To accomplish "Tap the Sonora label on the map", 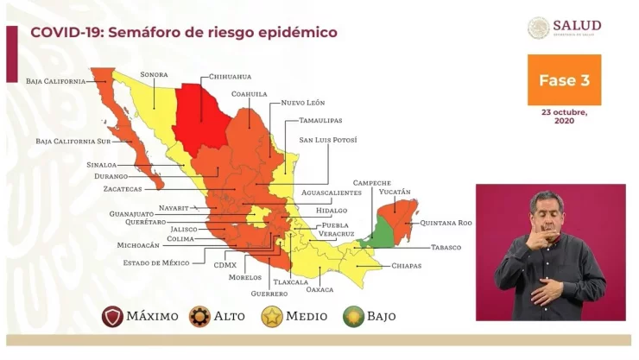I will coord(154,74).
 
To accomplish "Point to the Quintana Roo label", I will coord(446,223).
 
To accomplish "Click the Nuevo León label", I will coord(303,103).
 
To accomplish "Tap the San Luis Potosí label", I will coord(327,139).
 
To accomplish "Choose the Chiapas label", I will coord(406,265).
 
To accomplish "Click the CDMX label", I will coord(225,265).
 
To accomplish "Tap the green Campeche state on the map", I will coord(376,230).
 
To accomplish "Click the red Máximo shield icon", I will coord(112,317).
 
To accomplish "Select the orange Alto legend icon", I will coord(199,317).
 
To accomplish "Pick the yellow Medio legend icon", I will coord(272,317).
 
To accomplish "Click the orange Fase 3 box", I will coord(564,80).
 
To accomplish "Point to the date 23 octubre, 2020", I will coord(564,116).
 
